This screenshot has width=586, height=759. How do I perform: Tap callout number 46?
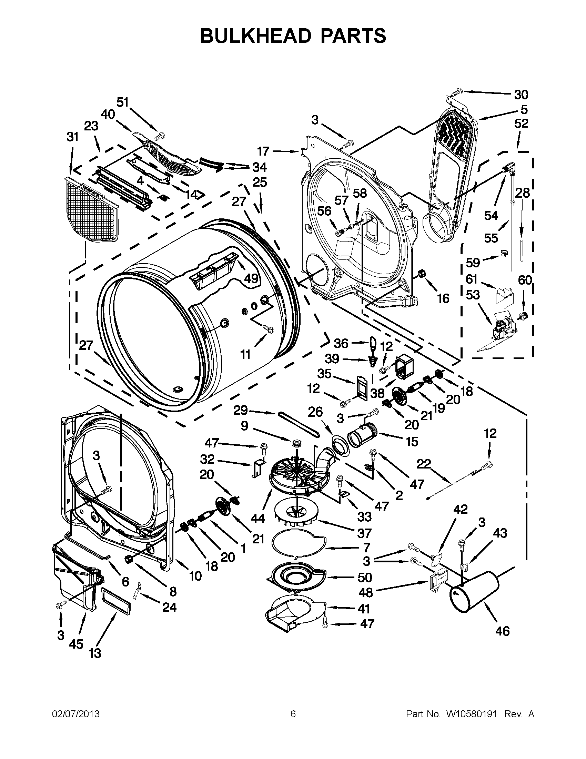coord(502,630)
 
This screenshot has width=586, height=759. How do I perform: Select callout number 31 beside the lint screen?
coord(72,137)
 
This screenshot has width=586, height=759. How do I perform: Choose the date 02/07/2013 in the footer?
coord(76,714)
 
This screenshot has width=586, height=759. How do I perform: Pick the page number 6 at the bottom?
coord(293,714)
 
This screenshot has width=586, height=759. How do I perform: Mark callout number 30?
coord(521,94)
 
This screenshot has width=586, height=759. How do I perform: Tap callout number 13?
coord(94,653)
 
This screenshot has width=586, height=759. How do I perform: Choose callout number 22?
coord(424,464)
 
